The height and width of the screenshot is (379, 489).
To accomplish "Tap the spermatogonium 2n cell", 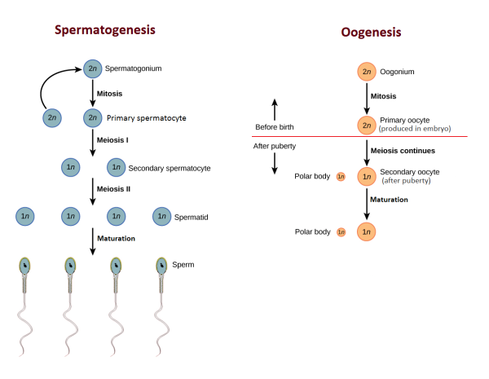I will click(x=93, y=68).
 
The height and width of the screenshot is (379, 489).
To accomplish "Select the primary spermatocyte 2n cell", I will click(x=93, y=118).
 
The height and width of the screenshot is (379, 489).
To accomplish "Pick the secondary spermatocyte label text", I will click(x=170, y=168).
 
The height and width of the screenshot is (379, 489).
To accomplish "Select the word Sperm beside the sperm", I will click(x=183, y=265).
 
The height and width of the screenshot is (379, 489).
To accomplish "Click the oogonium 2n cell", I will click(x=367, y=72).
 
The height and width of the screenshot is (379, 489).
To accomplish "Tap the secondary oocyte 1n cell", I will click(x=367, y=176).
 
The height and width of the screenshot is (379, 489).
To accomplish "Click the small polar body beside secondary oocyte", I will click(x=341, y=177).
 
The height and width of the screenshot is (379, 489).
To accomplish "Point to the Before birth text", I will click(x=275, y=127).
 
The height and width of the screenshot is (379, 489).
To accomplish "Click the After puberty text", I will click(x=275, y=146).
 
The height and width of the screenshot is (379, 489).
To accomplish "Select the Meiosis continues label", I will click(x=403, y=150).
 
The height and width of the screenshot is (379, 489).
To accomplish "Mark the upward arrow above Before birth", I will click(x=275, y=108).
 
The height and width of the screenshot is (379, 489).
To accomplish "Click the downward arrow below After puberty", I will click(x=275, y=163).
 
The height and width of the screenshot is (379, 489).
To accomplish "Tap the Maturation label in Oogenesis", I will click(x=388, y=200).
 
